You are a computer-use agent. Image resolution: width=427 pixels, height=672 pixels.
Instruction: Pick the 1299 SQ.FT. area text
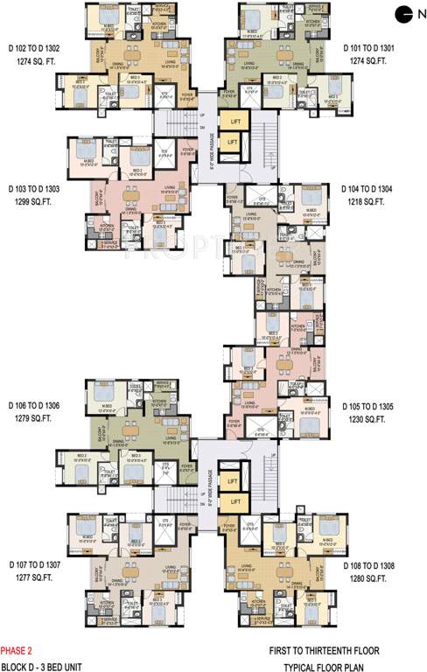[31, 200]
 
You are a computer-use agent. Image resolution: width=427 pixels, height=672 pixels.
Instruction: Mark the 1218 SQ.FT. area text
[367, 200]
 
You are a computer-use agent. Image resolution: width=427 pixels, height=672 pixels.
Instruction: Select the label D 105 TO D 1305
[367, 407]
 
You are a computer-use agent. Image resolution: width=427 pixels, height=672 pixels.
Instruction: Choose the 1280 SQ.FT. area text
[367, 577]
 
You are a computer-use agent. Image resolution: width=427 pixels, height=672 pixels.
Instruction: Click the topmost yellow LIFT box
[233, 122]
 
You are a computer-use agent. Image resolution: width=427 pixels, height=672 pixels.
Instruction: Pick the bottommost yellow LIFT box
[232, 501]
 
